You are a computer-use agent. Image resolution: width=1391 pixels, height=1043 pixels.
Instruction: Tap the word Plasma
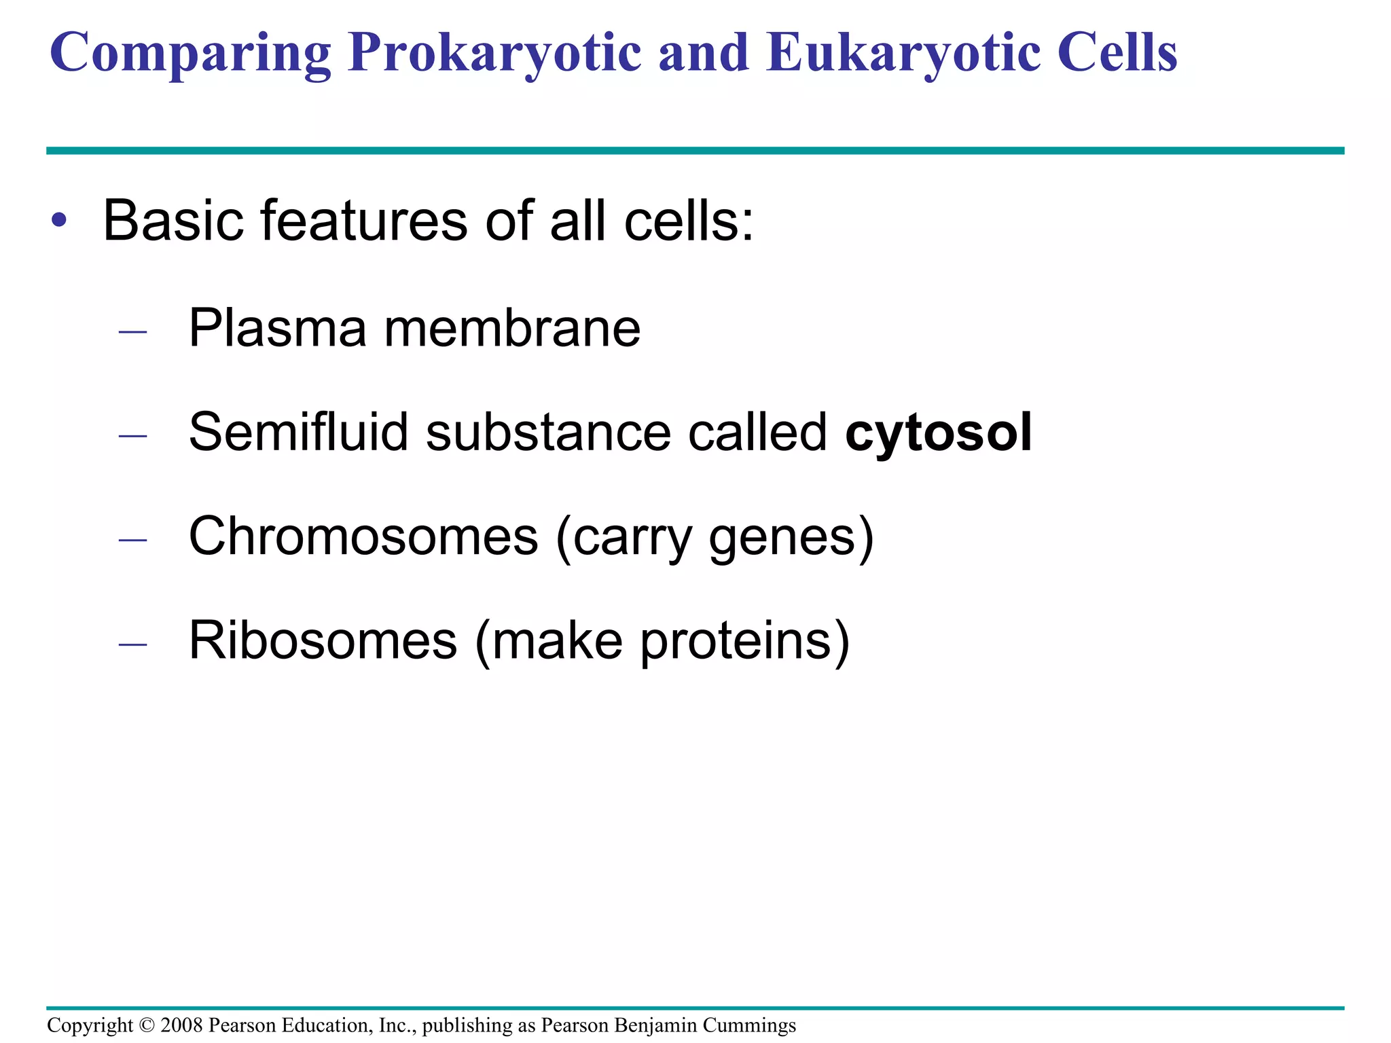click(x=277, y=328)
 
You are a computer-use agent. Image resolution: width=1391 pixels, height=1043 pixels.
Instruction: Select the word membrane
click(x=512, y=328)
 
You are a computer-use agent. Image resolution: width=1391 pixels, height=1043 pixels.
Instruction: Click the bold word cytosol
click(x=938, y=433)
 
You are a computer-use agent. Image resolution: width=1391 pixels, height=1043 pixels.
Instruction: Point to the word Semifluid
click(x=298, y=432)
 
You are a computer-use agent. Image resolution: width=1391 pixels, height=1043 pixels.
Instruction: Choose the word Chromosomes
click(x=363, y=536)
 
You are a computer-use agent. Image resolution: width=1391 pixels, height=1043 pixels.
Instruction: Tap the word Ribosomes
click(x=323, y=640)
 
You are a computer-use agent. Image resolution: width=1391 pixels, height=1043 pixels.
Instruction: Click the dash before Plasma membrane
click(x=132, y=332)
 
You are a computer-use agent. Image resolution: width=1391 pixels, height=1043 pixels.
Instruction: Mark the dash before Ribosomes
click(x=132, y=643)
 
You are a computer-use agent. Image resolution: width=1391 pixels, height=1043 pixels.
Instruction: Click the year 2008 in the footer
click(x=181, y=1025)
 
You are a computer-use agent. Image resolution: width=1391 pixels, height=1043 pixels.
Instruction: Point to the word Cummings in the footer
click(x=749, y=1025)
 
